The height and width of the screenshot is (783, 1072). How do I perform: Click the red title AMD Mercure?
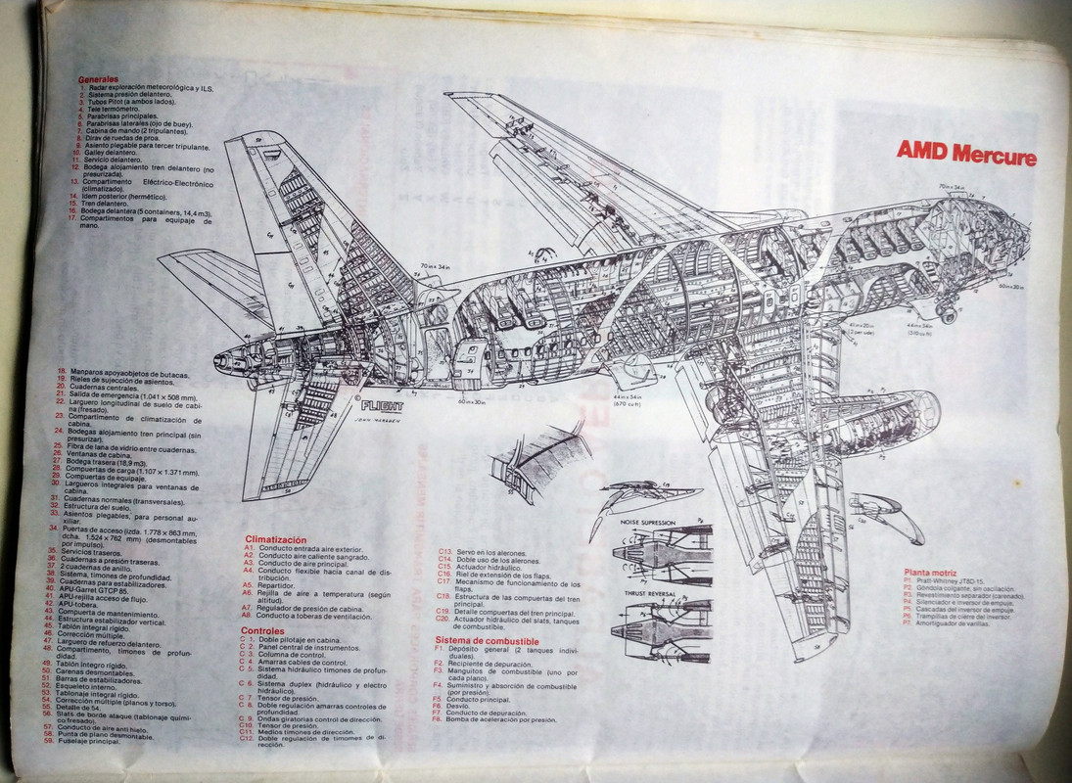coord(966,155)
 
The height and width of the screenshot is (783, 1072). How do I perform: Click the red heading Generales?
coord(99,78)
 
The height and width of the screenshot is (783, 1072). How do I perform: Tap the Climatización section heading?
coord(275,539)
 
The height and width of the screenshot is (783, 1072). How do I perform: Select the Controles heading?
coord(262,630)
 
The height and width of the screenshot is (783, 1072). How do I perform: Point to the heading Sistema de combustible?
coord(487,640)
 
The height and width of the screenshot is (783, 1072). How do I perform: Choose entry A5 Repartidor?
coord(279,584)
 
